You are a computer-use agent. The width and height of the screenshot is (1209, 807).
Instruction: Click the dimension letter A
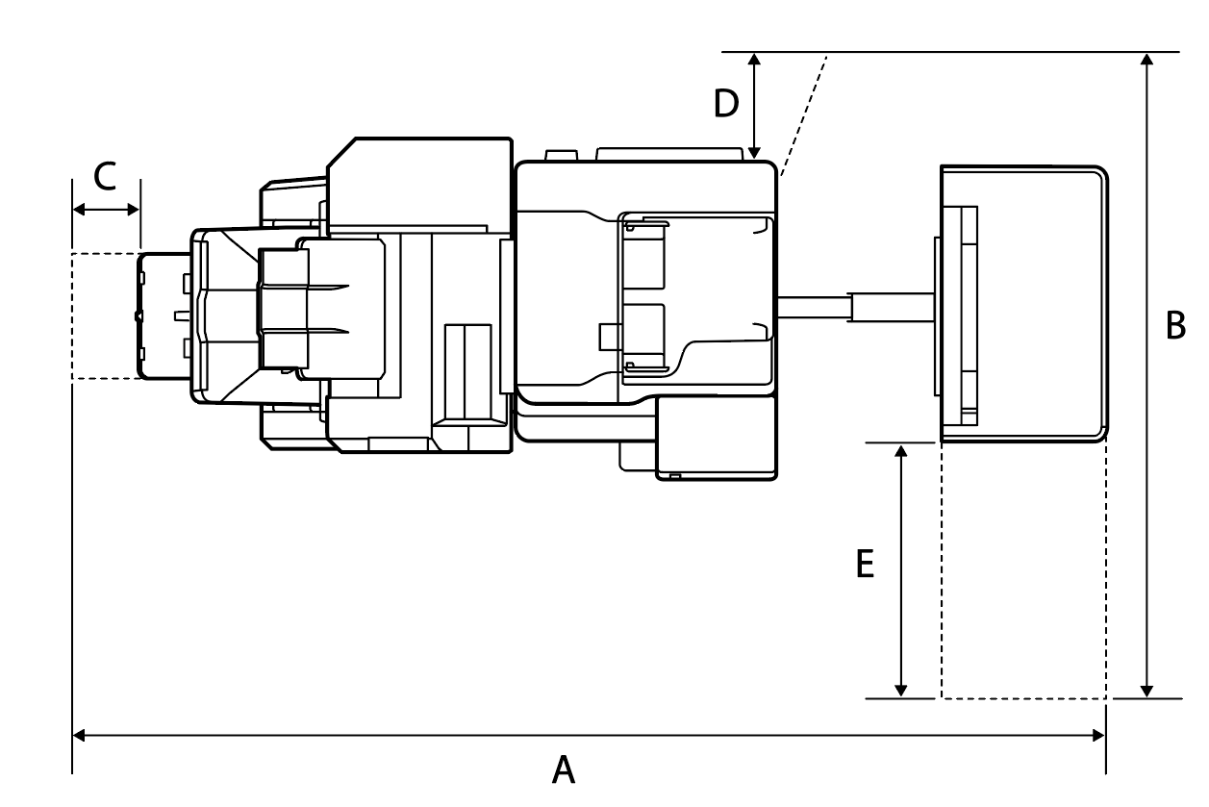[x=564, y=770]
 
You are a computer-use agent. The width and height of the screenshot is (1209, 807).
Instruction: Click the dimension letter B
[x=1175, y=326]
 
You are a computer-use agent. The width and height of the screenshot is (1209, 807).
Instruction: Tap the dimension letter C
[x=105, y=176]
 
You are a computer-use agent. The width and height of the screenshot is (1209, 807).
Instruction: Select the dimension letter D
[x=726, y=103]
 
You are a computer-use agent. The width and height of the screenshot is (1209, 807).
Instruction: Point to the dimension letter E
[x=866, y=564]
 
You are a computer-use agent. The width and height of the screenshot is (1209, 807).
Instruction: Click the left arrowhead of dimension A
[x=80, y=736]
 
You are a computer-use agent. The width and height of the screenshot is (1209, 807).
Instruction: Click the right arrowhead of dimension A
[x=1098, y=736]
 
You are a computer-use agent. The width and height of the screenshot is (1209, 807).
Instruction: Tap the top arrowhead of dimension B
[x=1146, y=60]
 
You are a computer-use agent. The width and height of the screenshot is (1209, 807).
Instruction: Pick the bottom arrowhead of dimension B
[x=1146, y=690]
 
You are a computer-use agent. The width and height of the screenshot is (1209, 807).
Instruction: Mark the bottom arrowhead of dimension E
[x=900, y=690]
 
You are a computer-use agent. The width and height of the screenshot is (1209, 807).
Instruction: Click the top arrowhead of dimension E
[x=900, y=451]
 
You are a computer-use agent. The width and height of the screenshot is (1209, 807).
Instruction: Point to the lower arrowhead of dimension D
[x=755, y=151]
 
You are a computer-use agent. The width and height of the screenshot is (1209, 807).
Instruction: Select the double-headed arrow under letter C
[x=106, y=209]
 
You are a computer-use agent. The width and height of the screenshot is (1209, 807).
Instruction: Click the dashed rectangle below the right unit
[x=1023, y=570]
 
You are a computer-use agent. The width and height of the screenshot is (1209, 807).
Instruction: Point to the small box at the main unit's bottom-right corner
[x=717, y=439]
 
